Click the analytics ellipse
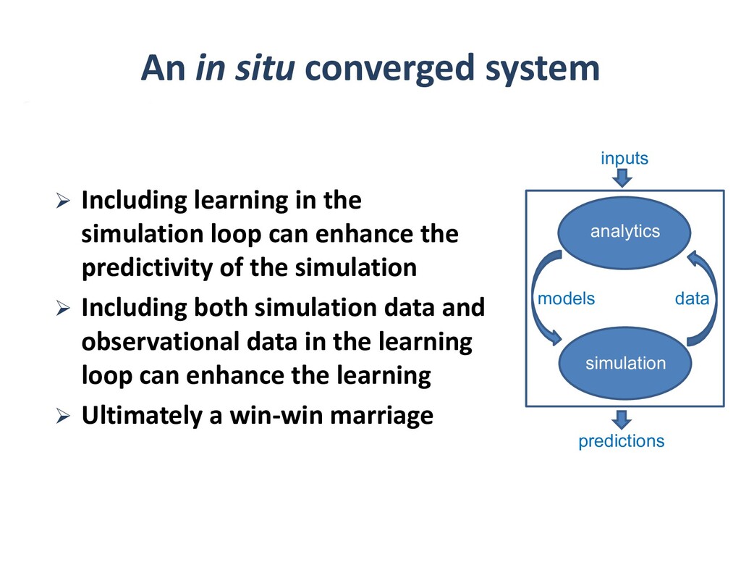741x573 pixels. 624,232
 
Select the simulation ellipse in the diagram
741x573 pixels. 624,363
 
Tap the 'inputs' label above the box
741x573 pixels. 624,158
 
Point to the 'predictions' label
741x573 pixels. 621,440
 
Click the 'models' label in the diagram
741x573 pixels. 567,298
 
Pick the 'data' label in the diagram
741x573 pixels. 692,298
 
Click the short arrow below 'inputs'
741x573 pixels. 623,177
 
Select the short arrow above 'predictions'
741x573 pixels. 621,419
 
